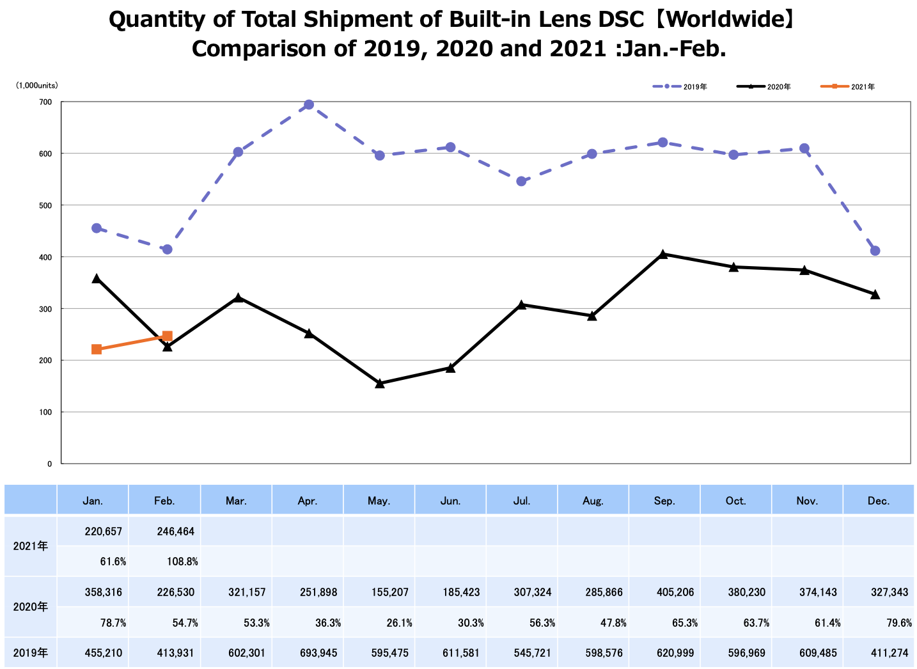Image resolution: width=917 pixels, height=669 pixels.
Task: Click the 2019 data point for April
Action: tap(308, 105)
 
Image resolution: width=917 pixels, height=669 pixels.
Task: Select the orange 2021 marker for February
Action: tap(167, 336)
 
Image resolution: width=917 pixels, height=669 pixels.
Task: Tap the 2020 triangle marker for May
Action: tap(379, 383)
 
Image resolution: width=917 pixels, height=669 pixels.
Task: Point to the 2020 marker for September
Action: tap(662, 254)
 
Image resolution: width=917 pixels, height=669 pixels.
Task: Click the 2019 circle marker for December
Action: tap(875, 251)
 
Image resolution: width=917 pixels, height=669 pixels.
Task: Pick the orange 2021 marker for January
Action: tap(97, 349)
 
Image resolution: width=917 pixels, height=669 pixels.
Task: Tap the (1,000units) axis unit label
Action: tap(37, 85)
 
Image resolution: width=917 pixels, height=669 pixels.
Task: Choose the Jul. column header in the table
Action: tap(522, 501)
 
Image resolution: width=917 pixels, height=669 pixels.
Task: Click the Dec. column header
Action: tap(879, 501)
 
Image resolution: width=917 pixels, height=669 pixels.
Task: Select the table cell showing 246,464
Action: tap(176, 531)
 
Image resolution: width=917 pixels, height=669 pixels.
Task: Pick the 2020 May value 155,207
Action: tap(390, 592)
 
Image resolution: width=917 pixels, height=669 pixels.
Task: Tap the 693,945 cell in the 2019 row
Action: tap(318, 654)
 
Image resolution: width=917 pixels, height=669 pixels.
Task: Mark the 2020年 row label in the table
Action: tap(31, 606)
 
